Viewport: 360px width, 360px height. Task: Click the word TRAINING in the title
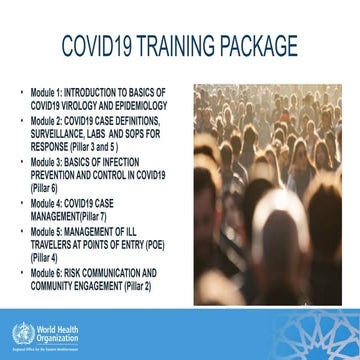pos(179,46)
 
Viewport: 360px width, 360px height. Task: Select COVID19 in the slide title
pos(97,46)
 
